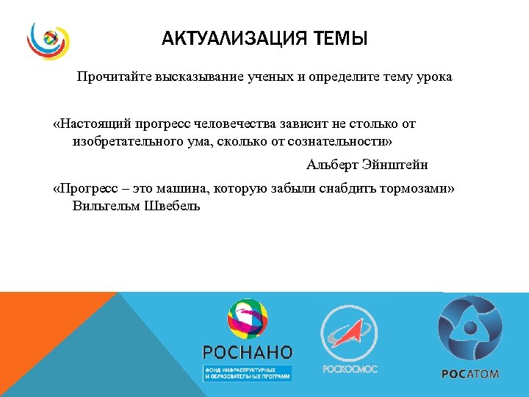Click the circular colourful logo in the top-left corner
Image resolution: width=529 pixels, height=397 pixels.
48,40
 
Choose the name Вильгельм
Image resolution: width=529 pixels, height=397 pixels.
104,206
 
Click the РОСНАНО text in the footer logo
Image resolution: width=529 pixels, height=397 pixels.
248,351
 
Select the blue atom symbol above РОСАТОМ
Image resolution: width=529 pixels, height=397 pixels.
470,328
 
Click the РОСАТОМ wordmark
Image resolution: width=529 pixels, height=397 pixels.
470,373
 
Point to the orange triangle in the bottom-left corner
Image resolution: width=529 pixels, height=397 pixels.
37,323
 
